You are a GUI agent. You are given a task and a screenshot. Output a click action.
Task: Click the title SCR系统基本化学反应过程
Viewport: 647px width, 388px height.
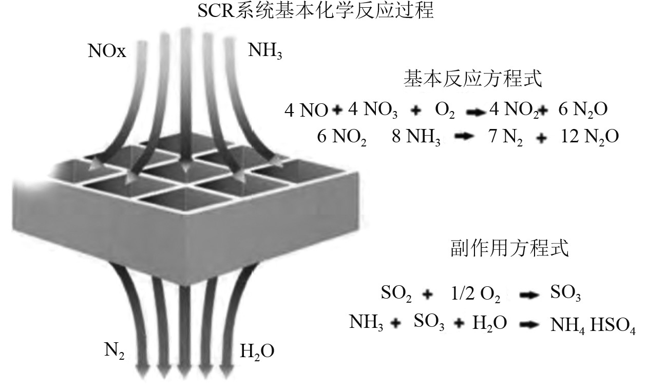click(316, 11)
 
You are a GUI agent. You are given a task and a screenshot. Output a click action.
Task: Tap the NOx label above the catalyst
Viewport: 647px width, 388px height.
click(106, 51)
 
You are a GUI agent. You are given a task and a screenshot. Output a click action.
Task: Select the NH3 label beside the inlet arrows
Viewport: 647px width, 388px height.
click(265, 51)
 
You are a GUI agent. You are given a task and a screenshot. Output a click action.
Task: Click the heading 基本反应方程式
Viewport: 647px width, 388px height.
click(472, 80)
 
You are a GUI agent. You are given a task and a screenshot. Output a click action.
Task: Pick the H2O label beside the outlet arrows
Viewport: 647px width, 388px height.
click(257, 352)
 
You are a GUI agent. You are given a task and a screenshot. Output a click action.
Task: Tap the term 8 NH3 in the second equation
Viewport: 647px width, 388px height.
click(416, 138)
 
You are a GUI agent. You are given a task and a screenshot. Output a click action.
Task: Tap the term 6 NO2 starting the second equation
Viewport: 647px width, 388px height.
click(341, 138)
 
